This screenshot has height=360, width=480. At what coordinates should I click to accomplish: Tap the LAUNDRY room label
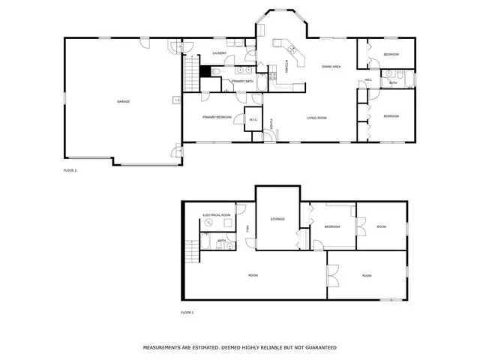pos(220,53)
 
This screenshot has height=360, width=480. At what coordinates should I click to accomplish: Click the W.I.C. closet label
pos(252,117)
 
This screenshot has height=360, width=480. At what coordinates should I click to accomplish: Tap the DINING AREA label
pos(331,67)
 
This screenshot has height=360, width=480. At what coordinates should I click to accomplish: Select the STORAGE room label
pos(277,219)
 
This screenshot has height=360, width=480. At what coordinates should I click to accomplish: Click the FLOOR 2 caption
pos(70,171)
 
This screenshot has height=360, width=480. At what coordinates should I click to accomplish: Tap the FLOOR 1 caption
pos(187,312)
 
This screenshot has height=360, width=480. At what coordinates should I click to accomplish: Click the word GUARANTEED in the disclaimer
pos(319,348)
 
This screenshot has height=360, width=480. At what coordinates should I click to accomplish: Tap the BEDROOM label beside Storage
pos(332,226)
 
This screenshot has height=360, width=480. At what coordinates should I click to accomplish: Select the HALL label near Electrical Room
pos(247,229)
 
